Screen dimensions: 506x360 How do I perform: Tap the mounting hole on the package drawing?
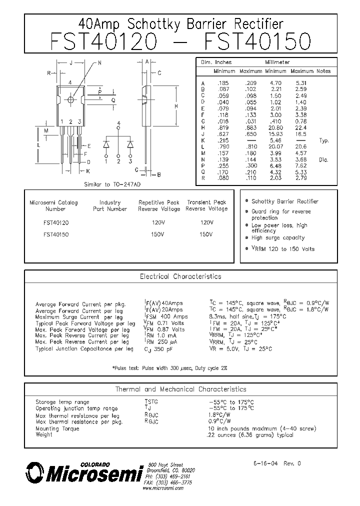tap(70, 99)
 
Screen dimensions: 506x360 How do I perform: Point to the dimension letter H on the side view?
tap(176, 106)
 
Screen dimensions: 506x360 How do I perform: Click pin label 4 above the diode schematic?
tap(118, 123)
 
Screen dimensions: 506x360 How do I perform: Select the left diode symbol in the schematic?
tap(106, 144)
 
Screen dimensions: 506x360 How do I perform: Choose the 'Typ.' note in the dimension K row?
tap(324, 141)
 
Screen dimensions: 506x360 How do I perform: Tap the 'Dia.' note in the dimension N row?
tap(324, 160)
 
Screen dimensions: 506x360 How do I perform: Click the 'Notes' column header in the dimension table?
tap(323, 71)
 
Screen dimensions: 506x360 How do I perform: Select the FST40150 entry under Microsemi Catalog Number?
tap(56, 234)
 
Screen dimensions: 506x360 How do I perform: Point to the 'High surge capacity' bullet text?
tap(278, 238)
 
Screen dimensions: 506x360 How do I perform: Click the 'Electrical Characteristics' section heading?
tap(180, 276)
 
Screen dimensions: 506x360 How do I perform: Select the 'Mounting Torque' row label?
tap(54, 428)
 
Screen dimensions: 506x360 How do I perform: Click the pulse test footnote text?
tap(170, 368)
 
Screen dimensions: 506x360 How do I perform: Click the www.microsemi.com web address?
tap(163, 488)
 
